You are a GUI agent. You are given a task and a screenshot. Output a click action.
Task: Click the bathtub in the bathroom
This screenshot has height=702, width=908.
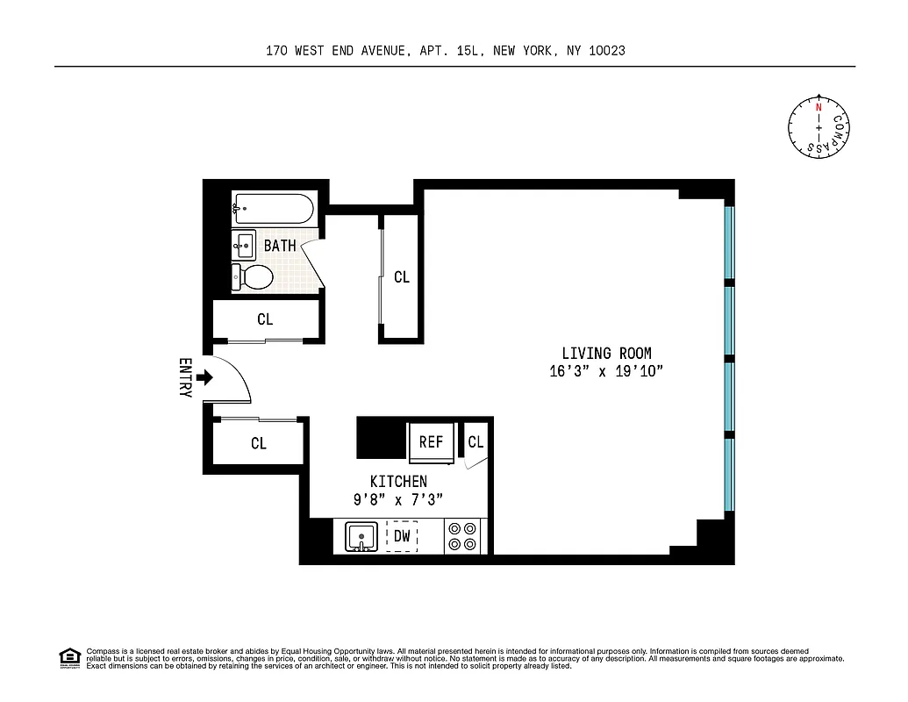272,210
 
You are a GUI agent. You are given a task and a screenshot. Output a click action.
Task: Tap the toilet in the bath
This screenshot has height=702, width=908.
253,278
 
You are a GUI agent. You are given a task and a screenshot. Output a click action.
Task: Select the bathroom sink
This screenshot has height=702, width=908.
245,243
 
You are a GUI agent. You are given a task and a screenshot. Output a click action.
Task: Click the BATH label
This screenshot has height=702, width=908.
280,246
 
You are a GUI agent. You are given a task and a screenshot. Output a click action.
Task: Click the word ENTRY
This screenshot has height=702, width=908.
185,378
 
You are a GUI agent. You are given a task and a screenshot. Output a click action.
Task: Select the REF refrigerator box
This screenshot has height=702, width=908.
431,441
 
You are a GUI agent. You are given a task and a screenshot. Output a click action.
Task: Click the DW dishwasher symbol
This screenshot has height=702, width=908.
402,535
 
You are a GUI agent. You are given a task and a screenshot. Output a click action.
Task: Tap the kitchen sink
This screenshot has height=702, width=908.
361,536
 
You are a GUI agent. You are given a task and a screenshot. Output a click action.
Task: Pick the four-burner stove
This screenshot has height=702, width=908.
461,536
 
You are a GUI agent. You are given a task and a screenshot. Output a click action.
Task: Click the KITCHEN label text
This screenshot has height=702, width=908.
398,481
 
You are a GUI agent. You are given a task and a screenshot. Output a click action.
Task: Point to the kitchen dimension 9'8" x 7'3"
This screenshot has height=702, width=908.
398,498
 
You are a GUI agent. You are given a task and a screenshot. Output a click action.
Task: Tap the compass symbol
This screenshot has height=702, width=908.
819,128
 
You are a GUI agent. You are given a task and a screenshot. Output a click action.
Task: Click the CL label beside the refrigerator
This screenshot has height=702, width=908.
475,442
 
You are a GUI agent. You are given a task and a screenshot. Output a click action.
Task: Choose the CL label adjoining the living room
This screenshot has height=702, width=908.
402,277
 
